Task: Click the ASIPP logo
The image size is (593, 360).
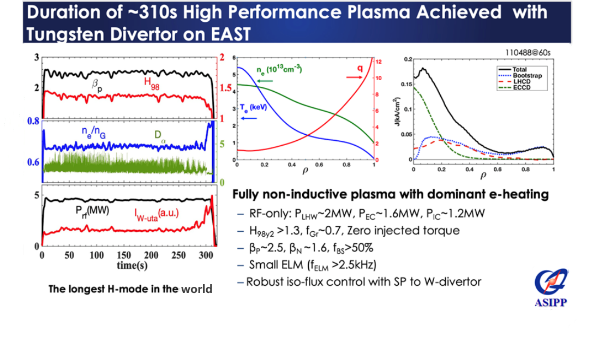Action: click(552, 286)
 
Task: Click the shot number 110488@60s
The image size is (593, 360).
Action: click(529, 53)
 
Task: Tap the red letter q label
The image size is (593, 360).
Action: click(360, 69)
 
